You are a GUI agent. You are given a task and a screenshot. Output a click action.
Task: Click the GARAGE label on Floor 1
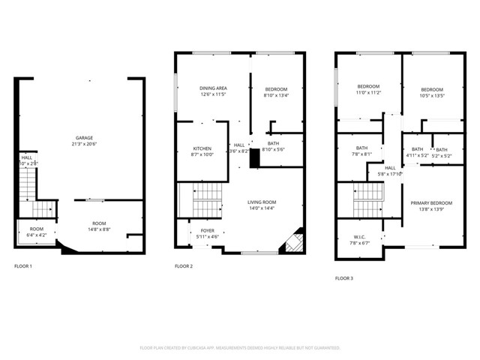click(83, 136)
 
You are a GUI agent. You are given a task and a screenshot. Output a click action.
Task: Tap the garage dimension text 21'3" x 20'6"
click(83, 143)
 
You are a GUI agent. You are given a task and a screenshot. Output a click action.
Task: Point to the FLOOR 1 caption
click(23, 266)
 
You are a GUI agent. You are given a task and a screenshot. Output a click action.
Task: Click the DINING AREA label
click(213, 89)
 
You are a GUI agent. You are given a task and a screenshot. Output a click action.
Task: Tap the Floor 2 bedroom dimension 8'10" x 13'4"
click(276, 95)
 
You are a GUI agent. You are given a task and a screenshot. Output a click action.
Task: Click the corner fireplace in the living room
click(293, 241)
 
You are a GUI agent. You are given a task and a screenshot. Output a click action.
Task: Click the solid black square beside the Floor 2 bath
click(254, 158)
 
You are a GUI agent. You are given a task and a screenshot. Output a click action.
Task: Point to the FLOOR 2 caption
click(184, 266)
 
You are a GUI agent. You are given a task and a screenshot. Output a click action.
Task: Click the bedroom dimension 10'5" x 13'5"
click(431, 96)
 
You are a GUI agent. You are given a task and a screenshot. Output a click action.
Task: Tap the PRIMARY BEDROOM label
click(431, 203)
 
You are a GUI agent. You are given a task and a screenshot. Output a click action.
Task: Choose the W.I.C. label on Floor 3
click(358, 237)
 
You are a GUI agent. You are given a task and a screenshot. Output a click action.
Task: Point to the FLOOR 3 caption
click(344, 278)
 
